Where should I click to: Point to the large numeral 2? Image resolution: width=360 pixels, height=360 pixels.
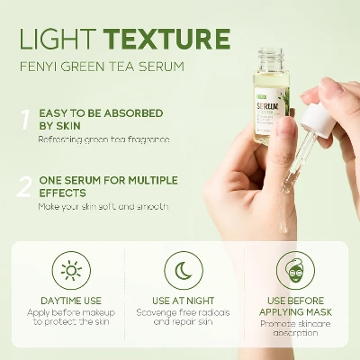(x=25, y=187)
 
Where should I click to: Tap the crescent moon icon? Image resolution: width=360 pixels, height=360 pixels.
(x=183, y=271)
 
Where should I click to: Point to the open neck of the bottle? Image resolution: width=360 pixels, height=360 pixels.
(x=271, y=56)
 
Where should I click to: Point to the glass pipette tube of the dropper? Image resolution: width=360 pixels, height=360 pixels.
(x=292, y=162)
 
